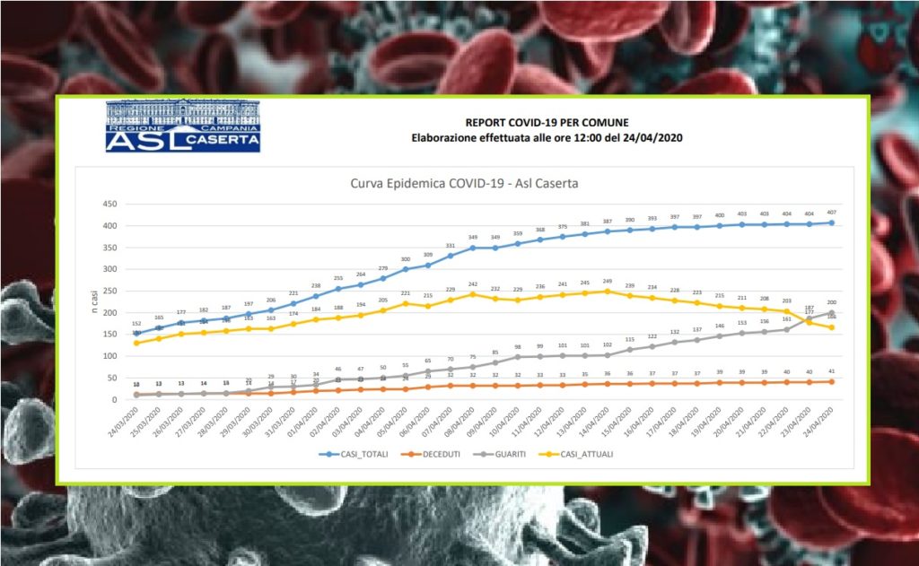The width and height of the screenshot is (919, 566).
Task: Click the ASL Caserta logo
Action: pos(183,126)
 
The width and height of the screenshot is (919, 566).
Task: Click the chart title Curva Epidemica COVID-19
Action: pos(463,184)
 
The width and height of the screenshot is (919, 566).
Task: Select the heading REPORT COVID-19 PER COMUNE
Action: pos(547,122)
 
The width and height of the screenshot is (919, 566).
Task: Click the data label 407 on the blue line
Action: pos(832,213)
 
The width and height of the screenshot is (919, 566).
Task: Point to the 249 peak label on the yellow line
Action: pos(607,282)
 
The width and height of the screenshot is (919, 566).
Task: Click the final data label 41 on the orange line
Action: pos(832,371)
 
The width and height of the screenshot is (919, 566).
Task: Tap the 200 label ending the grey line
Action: pos(832,303)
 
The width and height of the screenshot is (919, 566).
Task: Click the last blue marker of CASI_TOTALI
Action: pos(832,222)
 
